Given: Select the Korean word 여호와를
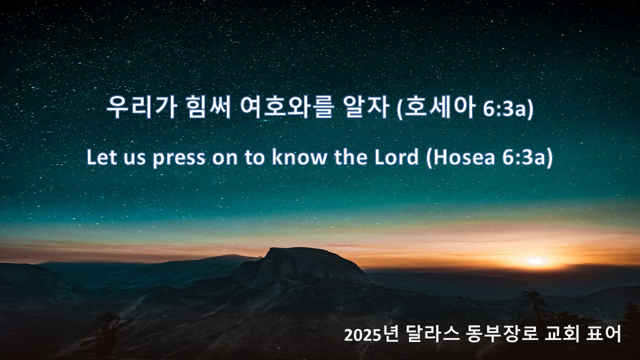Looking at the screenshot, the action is (287, 107).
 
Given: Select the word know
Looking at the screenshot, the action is (299, 157).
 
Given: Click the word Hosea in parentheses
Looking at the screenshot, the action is (464, 157).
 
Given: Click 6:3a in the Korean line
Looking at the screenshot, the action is (504, 108).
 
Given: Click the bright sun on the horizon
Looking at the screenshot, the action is (536, 261).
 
